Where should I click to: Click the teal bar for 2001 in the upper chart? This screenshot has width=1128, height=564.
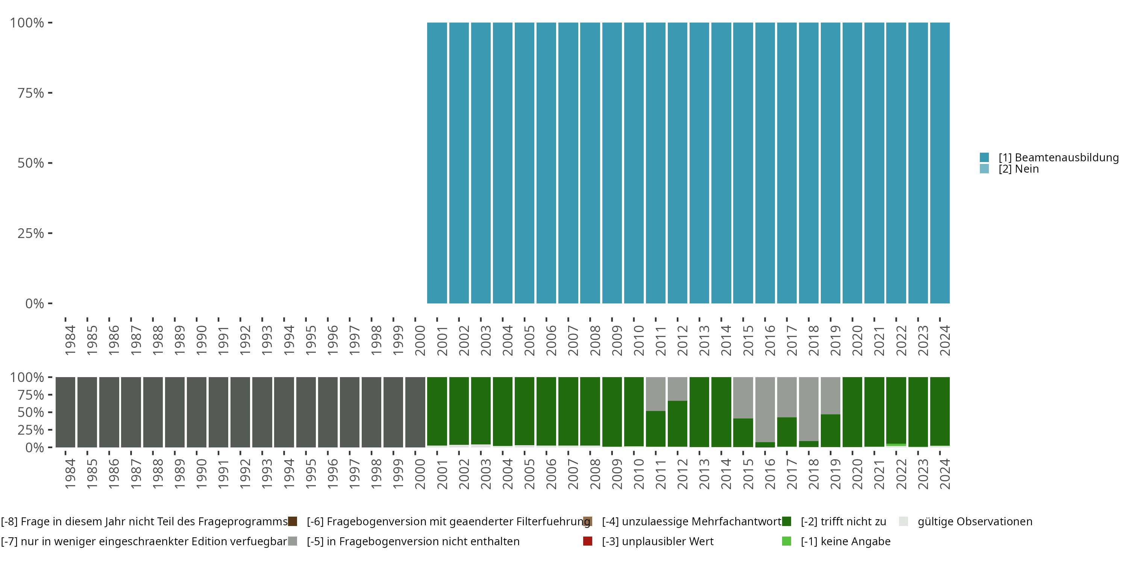[437, 163]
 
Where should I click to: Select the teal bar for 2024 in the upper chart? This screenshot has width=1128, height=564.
[940, 163]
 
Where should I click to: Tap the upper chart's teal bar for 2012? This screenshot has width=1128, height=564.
[678, 163]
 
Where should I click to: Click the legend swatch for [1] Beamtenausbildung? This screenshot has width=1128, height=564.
[984, 157]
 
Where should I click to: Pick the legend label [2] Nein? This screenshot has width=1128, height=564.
[1019, 169]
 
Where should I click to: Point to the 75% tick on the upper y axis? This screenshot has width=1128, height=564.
[31, 93]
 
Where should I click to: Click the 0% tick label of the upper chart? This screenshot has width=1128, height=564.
[35, 303]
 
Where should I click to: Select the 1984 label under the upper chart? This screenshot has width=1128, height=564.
[70, 341]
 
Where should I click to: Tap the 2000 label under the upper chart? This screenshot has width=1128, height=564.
[420, 341]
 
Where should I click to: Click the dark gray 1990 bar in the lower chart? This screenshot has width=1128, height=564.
[197, 412]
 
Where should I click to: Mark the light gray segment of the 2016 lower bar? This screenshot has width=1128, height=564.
[765, 409]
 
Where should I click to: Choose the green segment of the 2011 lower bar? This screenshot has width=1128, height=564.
[655, 429]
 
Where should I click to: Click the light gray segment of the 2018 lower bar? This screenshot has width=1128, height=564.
[809, 409]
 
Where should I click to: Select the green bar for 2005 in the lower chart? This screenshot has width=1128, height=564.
[525, 411]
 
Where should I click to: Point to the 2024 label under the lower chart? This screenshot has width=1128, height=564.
[945, 474]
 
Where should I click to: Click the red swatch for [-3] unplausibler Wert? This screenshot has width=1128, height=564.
[588, 541]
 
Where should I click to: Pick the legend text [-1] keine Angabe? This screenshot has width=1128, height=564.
[846, 542]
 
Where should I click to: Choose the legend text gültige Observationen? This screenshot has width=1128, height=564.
[975, 522]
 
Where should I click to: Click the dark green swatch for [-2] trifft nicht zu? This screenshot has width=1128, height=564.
[787, 522]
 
